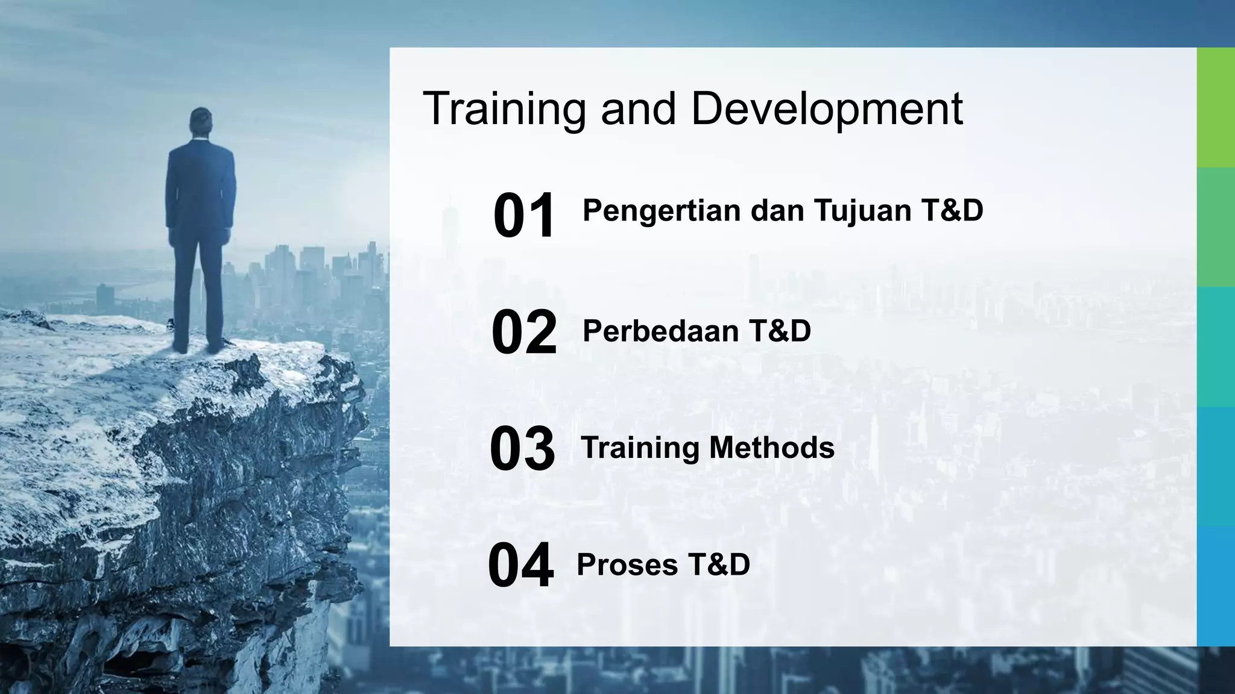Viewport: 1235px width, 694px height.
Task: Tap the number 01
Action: pyautogui.click(x=523, y=216)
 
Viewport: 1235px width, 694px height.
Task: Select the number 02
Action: pyautogui.click(x=523, y=332)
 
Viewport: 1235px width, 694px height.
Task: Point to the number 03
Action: pyautogui.click(x=522, y=449)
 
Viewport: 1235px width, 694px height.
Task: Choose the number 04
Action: pyautogui.click(x=520, y=566)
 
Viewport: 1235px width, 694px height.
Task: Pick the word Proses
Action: pyautogui.click(x=627, y=565)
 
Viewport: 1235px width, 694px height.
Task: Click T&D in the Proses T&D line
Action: pyautogui.click(x=719, y=565)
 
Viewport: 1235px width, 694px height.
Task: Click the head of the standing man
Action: pyautogui.click(x=201, y=120)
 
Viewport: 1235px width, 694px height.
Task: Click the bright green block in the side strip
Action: pyautogui.click(x=1216, y=107)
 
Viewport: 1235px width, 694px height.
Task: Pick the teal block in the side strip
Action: pyautogui.click(x=1216, y=346)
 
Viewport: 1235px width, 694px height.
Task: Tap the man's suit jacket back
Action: pyautogui.click(x=201, y=181)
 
